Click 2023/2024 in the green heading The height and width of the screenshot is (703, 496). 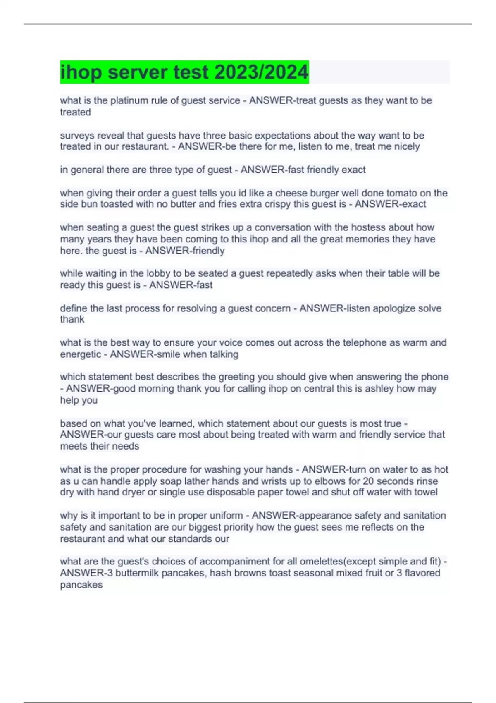[262, 72]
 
